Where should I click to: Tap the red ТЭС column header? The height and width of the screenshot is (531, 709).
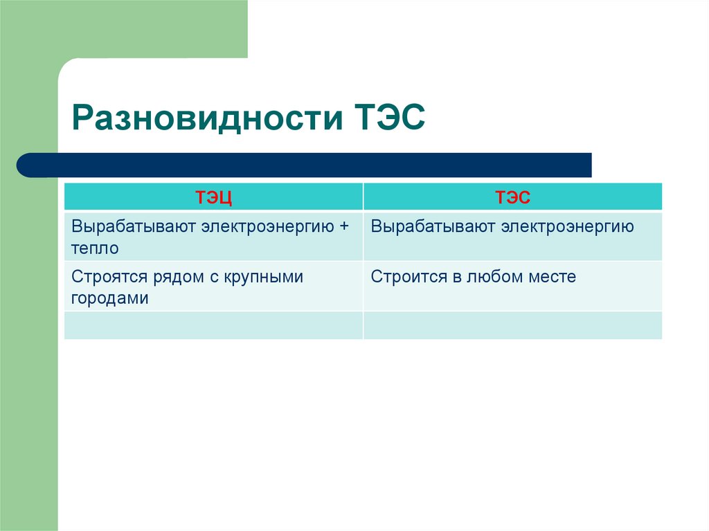[x=512, y=197]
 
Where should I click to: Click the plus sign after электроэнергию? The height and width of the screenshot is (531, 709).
[x=343, y=226]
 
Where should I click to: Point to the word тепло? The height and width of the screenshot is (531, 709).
[x=95, y=248]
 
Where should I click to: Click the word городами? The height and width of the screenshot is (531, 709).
[x=109, y=298]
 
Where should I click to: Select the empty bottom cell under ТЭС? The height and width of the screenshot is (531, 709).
[x=512, y=325]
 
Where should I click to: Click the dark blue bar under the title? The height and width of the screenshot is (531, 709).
[x=305, y=165]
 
